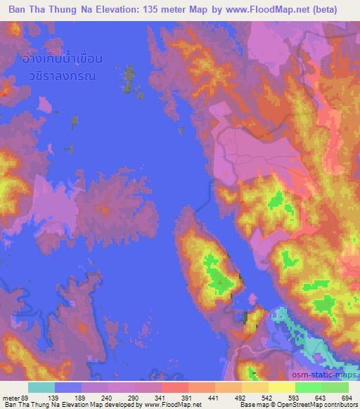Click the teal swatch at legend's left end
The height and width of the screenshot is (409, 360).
pos(41,387)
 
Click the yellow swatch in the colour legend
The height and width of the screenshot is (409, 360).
pos(282,387)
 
